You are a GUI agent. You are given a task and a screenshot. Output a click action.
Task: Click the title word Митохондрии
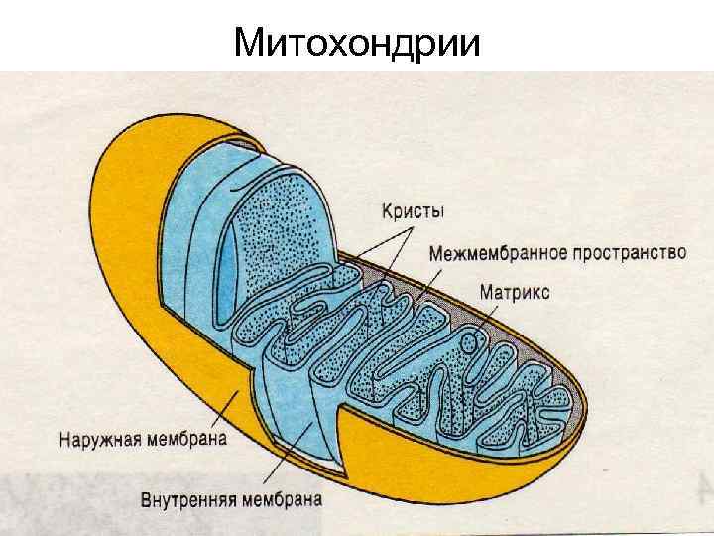coord(357,43)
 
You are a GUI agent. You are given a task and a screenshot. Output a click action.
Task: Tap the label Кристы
coord(414,211)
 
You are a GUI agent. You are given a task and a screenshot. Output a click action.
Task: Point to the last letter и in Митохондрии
coord(470,43)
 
